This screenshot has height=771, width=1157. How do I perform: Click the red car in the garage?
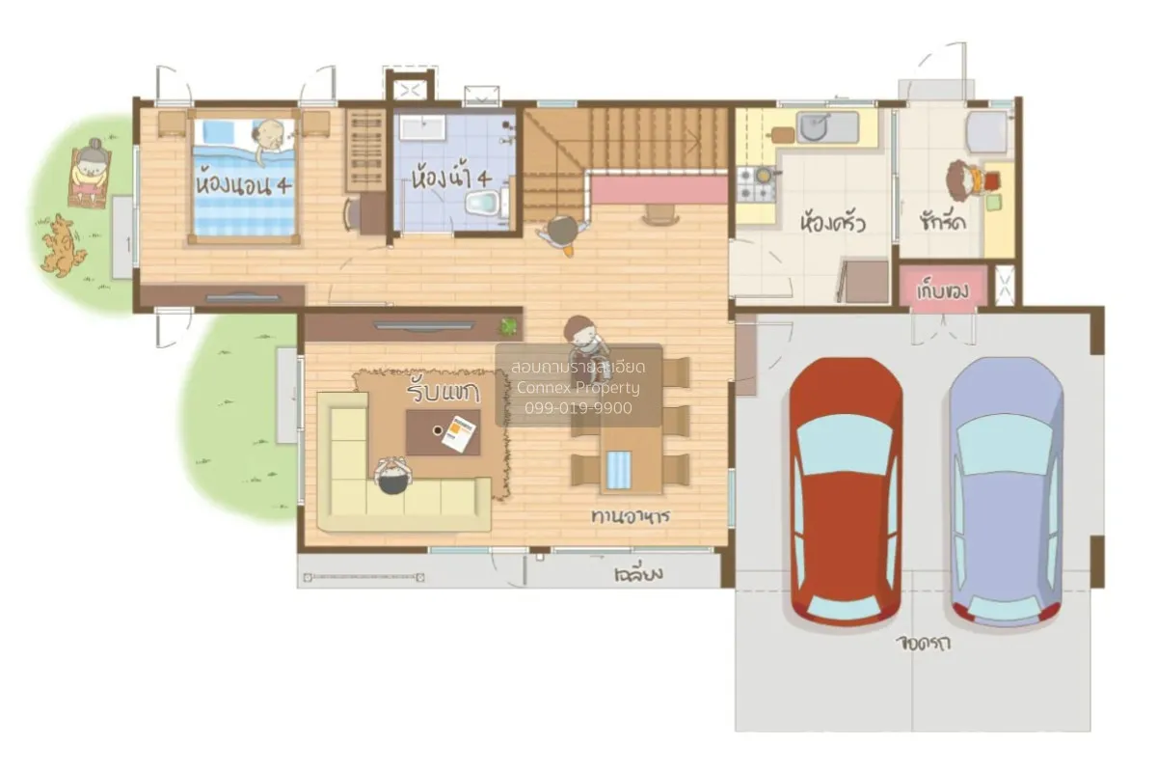[847, 490]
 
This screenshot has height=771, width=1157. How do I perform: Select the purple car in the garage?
[1005, 490]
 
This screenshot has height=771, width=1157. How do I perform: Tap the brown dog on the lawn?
[63, 245]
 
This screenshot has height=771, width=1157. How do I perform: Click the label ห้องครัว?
[832, 223]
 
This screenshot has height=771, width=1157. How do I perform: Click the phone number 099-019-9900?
[578, 408]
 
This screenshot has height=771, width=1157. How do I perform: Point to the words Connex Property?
[578, 388]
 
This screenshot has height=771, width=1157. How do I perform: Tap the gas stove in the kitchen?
[757, 183]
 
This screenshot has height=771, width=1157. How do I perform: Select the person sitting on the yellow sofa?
[392, 476]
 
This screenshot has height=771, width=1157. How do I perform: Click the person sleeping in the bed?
[271, 136]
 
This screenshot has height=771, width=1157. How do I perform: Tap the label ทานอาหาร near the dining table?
[631, 516]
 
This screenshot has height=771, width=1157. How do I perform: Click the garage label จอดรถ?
[922, 644]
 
